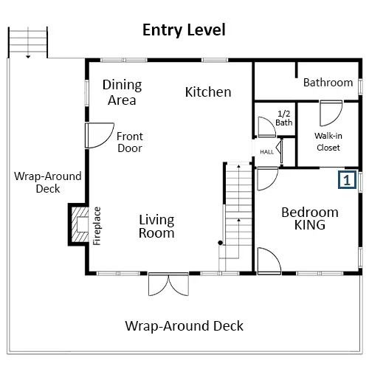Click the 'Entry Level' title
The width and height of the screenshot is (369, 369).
[x=184, y=30]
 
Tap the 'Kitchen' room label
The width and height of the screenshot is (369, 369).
[x=208, y=92]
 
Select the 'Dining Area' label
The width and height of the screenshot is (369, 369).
[x=122, y=92]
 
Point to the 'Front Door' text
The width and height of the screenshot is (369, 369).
[x=130, y=142]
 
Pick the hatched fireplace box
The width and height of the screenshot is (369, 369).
[x=79, y=224]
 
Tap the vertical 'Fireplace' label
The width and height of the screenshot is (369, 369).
[x=97, y=226]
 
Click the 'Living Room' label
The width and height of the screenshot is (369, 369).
[x=156, y=227]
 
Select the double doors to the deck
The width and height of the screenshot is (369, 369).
[x=168, y=284]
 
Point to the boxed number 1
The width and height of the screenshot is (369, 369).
[x=347, y=180]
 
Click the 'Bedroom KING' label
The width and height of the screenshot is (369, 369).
[x=310, y=218]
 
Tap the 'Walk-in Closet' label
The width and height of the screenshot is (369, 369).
[x=328, y=142]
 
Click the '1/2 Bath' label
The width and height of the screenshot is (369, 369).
[x=284, y=118]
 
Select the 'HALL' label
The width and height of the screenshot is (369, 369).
[x=267, y=152]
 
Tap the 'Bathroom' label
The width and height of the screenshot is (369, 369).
[x=328, y=83]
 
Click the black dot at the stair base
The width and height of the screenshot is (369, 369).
[x=221, y=243]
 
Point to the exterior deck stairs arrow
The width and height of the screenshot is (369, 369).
[x=28, y=43]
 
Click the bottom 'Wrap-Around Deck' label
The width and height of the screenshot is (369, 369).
[x=184, y=326]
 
